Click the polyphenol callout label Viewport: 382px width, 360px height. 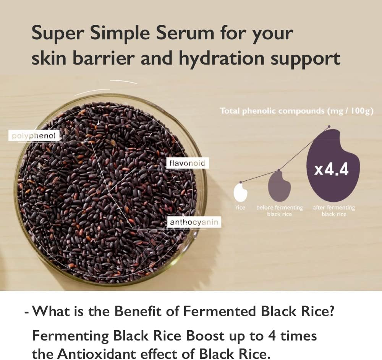pos(34,136)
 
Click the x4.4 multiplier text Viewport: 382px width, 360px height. pos(331,169)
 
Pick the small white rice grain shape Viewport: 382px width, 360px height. pos(240,192)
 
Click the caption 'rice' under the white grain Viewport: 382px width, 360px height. pos(240,208)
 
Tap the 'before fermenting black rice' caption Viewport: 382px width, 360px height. pos(279,211)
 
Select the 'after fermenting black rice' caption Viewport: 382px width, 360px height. pos(334,211)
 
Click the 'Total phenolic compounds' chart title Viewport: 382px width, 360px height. pos(296,111)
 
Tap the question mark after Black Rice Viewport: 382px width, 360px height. pos(331,312)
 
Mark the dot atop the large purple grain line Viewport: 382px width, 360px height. pos(329,126)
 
